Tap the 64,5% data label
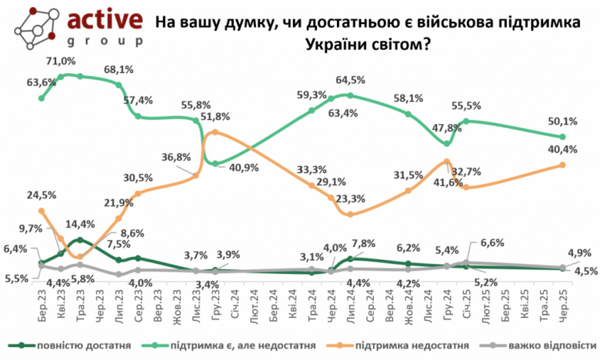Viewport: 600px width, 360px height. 351,80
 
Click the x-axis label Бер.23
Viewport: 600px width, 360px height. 42,305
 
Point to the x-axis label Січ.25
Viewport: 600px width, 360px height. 467,305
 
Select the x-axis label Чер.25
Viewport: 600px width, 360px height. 564,305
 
